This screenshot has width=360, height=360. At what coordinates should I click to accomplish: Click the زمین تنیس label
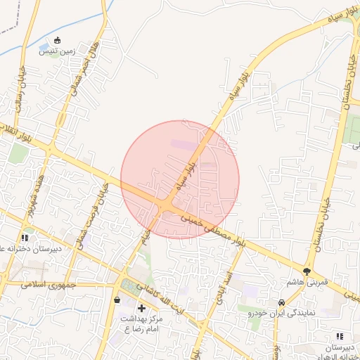tap(58, 51)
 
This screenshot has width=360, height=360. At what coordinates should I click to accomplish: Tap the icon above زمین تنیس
tap(58, 40)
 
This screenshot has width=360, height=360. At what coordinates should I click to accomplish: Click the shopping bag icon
tap(117, 301)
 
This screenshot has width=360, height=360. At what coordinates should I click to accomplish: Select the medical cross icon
tap(142, 308)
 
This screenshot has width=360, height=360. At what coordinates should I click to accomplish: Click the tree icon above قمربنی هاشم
tap(307, 271)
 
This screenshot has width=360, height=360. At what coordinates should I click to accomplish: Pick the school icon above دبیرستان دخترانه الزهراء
tap(340, 337)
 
